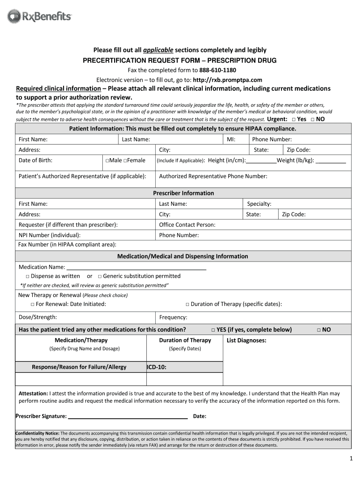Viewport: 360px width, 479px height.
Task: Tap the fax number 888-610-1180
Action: click(x=212, y=70)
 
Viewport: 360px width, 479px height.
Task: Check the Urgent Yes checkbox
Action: click(x=293, y=119)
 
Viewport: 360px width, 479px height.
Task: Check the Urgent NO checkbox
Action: click(x=312, y=119)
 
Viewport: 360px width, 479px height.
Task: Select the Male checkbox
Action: click(x=108, y=160)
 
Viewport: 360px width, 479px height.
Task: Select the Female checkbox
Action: click(x=126, y=160)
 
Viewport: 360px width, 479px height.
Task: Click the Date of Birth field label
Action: click(x=36, y=160)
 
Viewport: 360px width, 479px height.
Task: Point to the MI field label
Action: click(x=231, y=139)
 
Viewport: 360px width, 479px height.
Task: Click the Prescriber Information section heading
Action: click(x=183, y=193)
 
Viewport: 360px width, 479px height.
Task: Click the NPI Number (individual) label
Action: click(x=50, y=235)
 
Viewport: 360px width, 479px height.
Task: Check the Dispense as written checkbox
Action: click(x=28, y=276)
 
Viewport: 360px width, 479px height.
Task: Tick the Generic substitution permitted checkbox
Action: click(x=100, y=276)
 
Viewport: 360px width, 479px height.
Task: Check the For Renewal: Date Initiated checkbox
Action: click(x=33, y=305)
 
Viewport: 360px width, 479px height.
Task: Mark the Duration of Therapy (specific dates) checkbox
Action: click(x=187, y=305)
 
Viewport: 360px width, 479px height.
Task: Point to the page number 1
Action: click(x=351, y=458)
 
